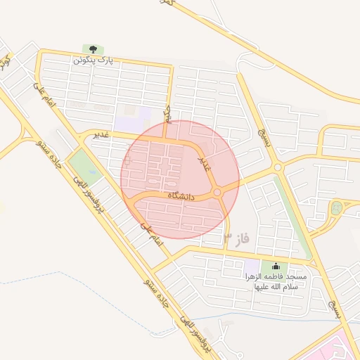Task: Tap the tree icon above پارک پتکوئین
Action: (92, 49)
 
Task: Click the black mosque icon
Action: (274, 266)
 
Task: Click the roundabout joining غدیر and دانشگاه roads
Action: (217, 192)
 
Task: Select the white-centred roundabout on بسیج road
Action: (277, 167)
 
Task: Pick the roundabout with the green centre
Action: (337, 207)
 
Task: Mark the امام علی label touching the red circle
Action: (151, 234)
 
